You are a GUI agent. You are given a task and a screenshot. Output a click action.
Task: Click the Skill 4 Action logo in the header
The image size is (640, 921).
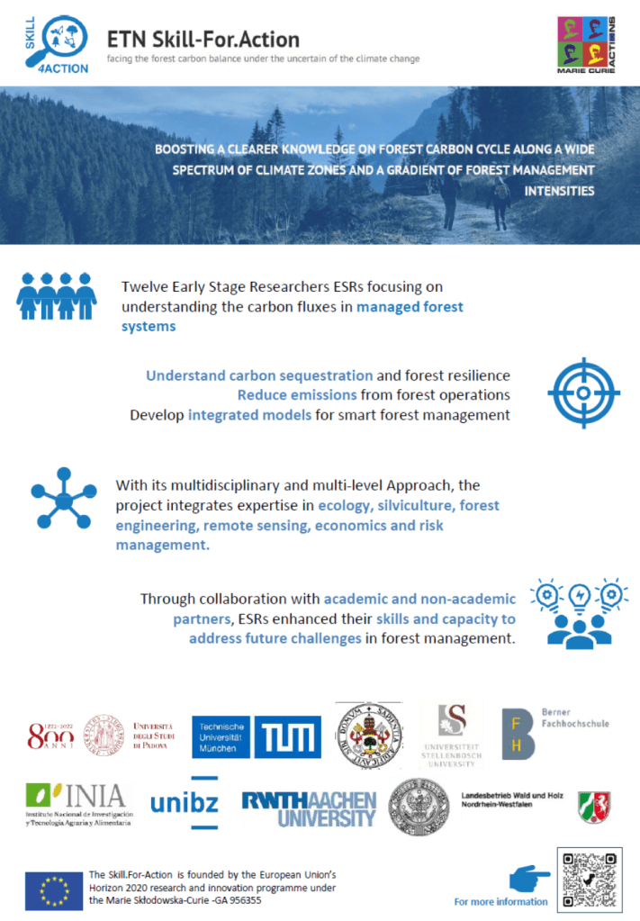point(57,44)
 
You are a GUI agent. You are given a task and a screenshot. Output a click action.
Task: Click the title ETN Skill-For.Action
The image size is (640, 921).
point(203,40)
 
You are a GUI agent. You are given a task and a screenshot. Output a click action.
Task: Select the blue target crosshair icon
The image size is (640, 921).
point(583,393)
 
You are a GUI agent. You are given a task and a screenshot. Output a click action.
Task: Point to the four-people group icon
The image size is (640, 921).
point(56,296)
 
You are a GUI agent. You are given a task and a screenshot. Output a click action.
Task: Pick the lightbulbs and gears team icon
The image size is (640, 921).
point(579,612)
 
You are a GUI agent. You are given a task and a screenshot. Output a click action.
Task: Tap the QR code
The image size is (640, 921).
point(590,878)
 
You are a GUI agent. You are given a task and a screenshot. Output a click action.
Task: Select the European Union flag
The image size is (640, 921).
point(54,890)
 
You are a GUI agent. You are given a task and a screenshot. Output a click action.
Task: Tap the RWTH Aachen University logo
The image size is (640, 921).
point(309,808)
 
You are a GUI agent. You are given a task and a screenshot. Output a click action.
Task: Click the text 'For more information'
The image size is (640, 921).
point(500,901)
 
